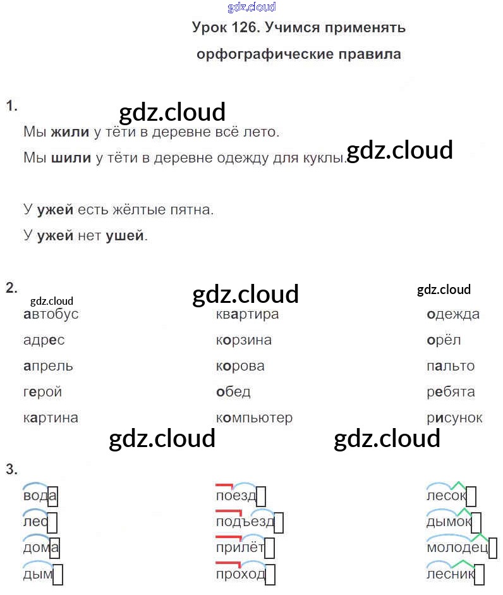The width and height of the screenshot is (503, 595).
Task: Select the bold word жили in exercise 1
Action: pyautogui.click(x=70, y=133)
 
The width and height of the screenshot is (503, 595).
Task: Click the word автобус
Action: pyautogui.click(x=51, y=314)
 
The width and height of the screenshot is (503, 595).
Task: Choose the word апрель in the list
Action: pyautogui.click(x=48, y=366)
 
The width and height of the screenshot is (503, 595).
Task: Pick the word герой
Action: pyautogui.click(x=43, y=392)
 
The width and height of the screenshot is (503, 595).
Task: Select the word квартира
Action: pyautogui.click(x=247, y=314)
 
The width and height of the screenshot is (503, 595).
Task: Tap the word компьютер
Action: pyautogui.click(x=254, y=418)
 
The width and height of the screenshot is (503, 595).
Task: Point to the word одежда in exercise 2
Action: pyautogui.click(x=453, y=314)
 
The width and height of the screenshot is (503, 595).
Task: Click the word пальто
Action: pyautogui.click(x=451, y=366)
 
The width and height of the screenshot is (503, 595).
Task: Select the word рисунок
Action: pyautogui.click(x=454, y=418)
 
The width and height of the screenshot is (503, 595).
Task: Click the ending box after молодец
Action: pyautogui.click(x=492, y=548)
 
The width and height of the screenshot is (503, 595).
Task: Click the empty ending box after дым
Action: pyautogui.click(x=58, y=575)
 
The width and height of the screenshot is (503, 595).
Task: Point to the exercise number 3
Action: pyautogui.click(x=11, y=470)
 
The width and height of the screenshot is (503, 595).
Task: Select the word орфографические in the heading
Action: pyautogui.click(x=262, y=54)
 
